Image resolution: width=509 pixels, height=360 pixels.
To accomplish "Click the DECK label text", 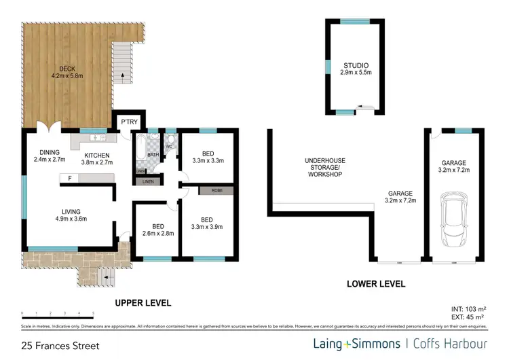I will pyautogui.click(x=67, y=68).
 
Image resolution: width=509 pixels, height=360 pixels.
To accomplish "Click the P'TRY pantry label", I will pyautogui.click(x=129, y=122).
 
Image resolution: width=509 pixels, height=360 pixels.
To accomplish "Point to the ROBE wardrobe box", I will pyautogui.click(x=216, y=192).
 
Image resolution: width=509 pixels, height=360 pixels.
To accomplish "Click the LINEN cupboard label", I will pyautogui.click(x=147, y=181).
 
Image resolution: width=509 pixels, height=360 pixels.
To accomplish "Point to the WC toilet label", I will pyautogui.click(x=169, y=146).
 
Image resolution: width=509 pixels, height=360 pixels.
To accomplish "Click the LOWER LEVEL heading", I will pyautogui.click(x=377, y=284).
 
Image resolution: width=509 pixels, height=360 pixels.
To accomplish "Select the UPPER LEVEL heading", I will pyautogui.click(x=143, y=303).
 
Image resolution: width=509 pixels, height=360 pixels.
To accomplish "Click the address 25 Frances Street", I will pyautogui.click(x=60, y=346).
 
